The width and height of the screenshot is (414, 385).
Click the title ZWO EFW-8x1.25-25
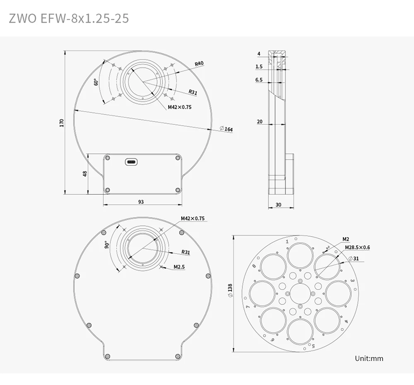point(69,18)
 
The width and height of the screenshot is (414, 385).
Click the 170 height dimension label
point(62,122)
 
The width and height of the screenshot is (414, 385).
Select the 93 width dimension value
point(141,202)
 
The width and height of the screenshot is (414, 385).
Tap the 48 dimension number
point(84,174)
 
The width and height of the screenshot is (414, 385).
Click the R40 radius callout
point(199,63)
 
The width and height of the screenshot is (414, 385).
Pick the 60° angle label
point(96,82)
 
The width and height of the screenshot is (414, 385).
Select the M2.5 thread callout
point(180,267)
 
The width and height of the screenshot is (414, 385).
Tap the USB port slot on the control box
point(131,161)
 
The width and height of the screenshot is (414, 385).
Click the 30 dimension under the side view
point(278,205)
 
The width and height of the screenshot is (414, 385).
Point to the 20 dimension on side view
point(259,122)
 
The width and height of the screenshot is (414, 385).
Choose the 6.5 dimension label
point(259,80)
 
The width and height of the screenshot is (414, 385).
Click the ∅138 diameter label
point(230,288)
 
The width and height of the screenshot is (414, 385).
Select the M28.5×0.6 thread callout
point(358,248)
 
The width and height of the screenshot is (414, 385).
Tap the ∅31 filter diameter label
point(354,259)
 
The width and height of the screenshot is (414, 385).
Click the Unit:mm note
point(369,359)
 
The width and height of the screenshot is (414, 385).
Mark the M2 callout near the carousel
point(346,239)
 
